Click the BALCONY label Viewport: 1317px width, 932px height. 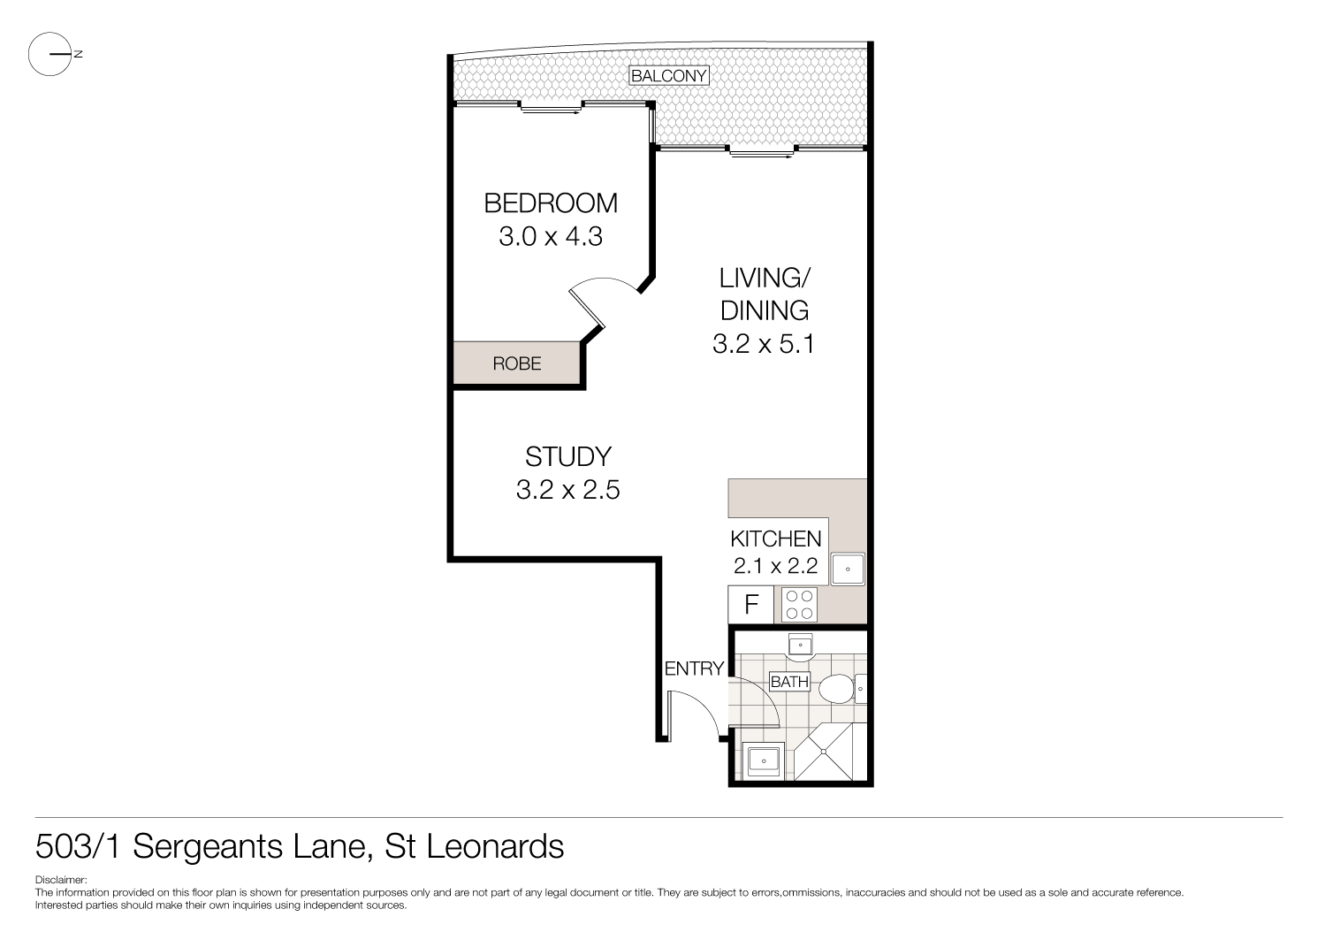click(x=668, y=76)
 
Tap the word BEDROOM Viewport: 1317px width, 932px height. click(x=550, y=203)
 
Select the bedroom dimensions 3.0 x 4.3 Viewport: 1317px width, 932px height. click(x=550, y=237)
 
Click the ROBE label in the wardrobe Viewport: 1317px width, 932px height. click(x=516, y=363)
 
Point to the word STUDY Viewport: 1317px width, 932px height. click(x=567, y=456)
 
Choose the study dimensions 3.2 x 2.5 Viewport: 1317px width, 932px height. click(x=567, y=489)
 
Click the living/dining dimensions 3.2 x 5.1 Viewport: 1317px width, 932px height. click(x=763, y=343)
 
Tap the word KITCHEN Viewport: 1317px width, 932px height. click(x=775, y=539)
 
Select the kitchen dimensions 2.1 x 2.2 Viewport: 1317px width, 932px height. click(x=775, y=566)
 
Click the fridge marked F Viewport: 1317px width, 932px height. click(x=751, y=605)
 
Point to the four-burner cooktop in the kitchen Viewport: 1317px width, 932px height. click(x=799, y=605)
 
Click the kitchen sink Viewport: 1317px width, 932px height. click(x=848, y=569)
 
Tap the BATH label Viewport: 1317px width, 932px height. click(x=788, y=682)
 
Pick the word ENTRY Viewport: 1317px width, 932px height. click(x=694, y=668)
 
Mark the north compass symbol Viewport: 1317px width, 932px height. click(x=50, y=54)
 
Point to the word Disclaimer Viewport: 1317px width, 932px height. click(x=60, y=880)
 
